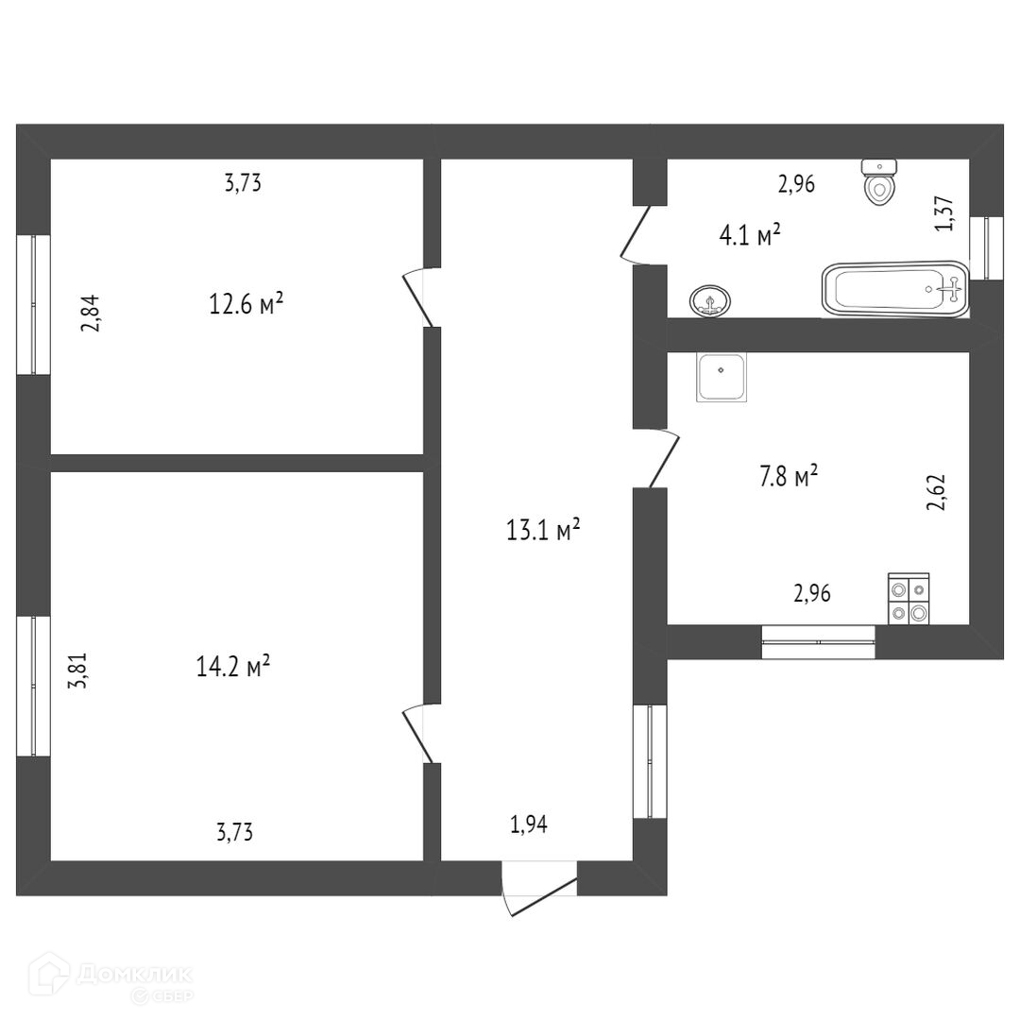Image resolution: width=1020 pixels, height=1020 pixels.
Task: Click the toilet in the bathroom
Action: (880, 182)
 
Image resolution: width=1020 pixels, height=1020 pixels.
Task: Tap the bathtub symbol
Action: (895, 289)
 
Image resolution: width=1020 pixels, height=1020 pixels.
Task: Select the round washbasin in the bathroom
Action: (709, 302)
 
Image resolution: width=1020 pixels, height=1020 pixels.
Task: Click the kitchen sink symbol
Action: (722, 377)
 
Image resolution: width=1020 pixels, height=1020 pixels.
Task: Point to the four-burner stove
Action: (909, 600)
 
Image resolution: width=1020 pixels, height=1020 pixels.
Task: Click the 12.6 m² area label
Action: (246, 304)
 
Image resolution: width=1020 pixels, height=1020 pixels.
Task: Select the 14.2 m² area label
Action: (232, 667)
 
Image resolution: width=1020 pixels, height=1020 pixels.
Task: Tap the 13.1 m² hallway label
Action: (543, 530)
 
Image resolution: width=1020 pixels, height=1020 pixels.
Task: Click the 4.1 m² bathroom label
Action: (750, 234)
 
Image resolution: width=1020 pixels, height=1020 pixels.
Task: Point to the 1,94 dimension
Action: (529, 824)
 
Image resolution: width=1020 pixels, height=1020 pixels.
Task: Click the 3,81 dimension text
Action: (80, 671)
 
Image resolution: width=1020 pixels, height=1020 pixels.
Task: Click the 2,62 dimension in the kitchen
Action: (936, 492)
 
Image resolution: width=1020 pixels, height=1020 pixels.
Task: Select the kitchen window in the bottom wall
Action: (819, 642)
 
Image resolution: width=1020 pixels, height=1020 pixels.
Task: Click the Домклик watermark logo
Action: (111, 979)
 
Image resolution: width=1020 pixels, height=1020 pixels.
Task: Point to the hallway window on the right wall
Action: (650, 761)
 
